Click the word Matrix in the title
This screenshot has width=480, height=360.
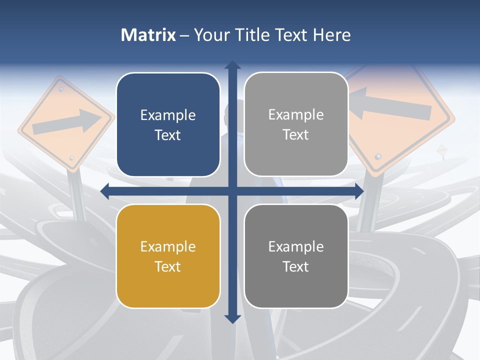click(148, 35)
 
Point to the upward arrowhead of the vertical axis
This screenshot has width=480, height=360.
click(232, 65)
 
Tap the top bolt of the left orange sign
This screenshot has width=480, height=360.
click(61, 89)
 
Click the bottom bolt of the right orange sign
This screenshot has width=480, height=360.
click(377, 157)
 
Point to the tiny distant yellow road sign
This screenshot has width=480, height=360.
click(441, 149)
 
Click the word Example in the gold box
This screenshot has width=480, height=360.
click(168, 246)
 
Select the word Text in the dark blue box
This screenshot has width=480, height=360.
click(168, 135)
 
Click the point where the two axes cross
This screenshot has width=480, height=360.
click(232, 190)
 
